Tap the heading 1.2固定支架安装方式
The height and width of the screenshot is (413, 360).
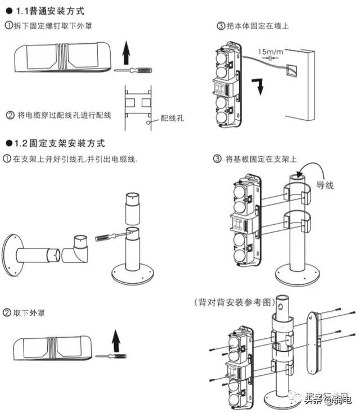coord(54,144)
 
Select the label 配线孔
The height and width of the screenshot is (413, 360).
coord(172,119)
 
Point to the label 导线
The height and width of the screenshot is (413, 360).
coord(325,185)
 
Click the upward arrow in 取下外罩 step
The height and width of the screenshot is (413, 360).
coord(117,340)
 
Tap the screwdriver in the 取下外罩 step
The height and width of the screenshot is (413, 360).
coord(111,356)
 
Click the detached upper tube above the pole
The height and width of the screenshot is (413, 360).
coord(132,207)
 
